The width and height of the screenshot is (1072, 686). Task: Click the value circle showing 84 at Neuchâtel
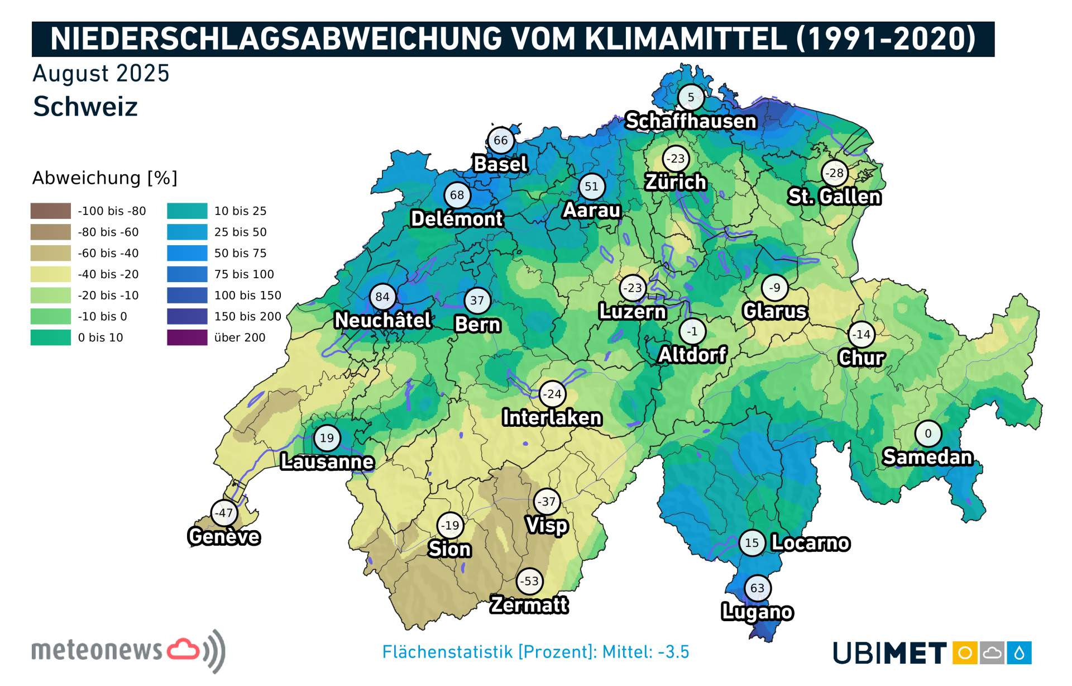(x=382, y=297)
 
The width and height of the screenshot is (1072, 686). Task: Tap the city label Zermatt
(x=529, y=604)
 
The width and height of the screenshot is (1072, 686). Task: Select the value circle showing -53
(x=529, y=581)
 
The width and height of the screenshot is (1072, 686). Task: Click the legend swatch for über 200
(x=187, y=337)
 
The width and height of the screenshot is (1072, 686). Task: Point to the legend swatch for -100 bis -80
(x=51, y=211)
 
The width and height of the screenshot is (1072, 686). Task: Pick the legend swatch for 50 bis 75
(x=187, y=253)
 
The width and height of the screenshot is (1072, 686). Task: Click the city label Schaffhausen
(x=691, y=121)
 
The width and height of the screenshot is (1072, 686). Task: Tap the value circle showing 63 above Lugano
(x=757, y=588)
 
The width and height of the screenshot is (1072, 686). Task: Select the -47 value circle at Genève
(x=224, y=513)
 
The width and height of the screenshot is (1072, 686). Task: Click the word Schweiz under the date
(x=85, y=107)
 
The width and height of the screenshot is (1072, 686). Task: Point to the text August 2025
(x=101, y=74)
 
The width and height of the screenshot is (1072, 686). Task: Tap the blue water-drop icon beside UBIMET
(x=1020, y=652)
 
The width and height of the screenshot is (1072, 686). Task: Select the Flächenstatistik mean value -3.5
(x=673, y=652)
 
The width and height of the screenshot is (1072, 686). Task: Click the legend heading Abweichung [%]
(x=105, y=178)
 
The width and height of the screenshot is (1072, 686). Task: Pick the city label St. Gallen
(x=834, y=197)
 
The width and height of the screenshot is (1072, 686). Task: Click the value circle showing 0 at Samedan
(x=928, y=433)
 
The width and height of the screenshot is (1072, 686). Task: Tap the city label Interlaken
(x=552, y=417)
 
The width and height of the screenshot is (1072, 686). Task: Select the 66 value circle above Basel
(x=501, y=140)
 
